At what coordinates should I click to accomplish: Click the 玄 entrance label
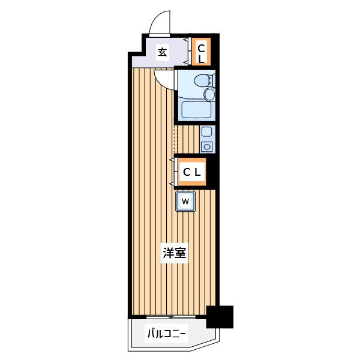coord(162,52)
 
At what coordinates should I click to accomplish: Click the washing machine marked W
coord(185,201)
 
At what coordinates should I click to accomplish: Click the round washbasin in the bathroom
coord(209,94)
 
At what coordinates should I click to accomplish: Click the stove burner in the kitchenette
coord(207,146)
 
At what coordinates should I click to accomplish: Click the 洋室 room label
coord(175,254)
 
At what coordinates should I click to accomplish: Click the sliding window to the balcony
coord(172,317)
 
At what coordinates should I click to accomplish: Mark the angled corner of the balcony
coord(207,345)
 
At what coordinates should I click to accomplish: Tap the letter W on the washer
coord(185,201)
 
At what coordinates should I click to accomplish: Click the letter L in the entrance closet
coord(202,59)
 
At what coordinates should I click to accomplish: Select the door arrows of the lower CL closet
coord(172,172)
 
